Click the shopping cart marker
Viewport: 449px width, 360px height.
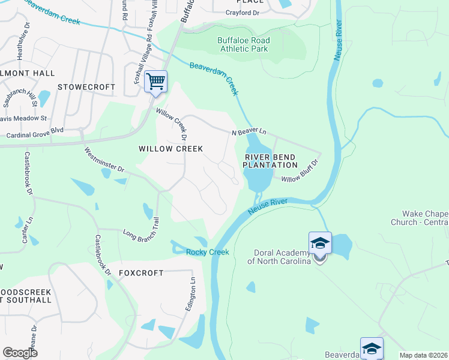(155, 82)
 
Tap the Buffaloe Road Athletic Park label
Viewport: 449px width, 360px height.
(243, 45)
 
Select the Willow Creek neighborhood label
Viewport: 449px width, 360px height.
(171, 149)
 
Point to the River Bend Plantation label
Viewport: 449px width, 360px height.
(271, 161)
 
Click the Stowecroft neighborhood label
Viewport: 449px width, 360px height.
(86, 87)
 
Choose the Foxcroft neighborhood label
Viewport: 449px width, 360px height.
(141, 273)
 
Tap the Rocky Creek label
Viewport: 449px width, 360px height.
(208, 252)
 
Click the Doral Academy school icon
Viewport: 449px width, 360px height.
(320, 244)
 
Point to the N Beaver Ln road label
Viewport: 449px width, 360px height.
(249, 131)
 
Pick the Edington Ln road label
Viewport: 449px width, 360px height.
(193, 292)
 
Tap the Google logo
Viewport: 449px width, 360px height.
(20, 353)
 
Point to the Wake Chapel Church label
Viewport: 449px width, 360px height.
(425, 218)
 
